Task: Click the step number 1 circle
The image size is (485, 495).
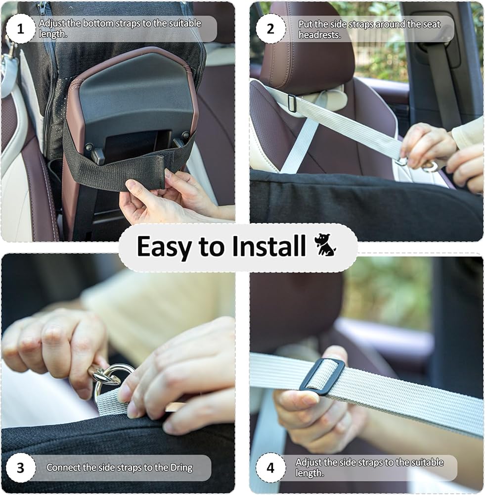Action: coord(20,29)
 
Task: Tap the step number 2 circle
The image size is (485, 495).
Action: coord(270,29)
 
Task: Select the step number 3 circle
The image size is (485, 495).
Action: coord(20,468)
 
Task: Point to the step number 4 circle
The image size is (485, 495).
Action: coord(270,468)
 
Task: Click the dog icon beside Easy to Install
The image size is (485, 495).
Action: coord(325,245)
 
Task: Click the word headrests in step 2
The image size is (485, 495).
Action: coord(320,35)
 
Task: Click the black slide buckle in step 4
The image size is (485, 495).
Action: coord(322,376)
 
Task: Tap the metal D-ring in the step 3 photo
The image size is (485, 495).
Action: coord(108,379)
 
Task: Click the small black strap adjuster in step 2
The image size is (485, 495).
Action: coord(292,103)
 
